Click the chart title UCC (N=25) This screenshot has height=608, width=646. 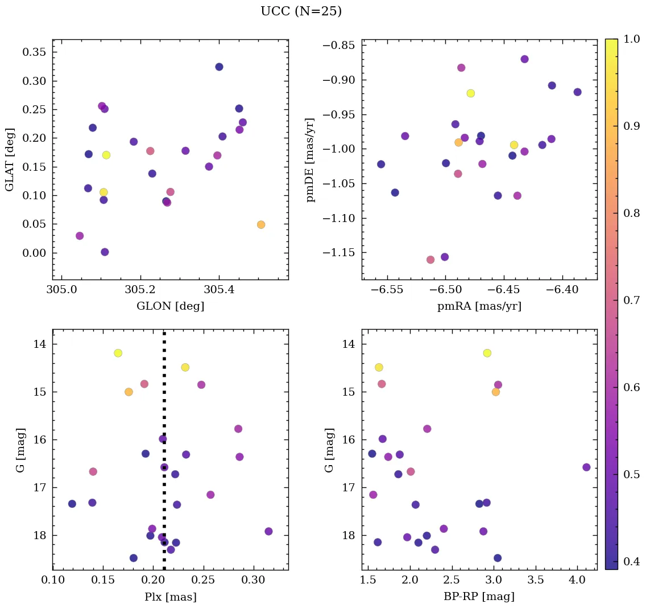[x=301, y=11]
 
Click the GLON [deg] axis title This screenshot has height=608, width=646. [x=170, y=306]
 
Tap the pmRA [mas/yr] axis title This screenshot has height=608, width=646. [x=479, y=306]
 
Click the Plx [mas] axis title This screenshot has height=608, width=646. [x=170, y=597]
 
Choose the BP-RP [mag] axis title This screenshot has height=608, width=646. [x=479, y=597]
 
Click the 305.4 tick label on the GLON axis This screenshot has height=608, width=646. [x=219, y=291]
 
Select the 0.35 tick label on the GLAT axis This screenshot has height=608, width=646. [x=34, y=52]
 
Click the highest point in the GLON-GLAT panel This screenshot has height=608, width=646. [x=219, y=67]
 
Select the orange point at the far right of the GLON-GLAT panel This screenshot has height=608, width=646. [x=261, y=225]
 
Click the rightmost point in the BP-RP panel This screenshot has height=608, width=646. [x=586, y=467]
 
